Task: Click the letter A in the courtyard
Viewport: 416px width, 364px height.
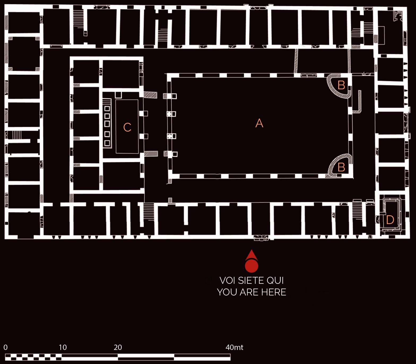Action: coord(259,123)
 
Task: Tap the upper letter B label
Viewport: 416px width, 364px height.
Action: coord(341,85)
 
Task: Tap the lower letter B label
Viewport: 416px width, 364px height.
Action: coord(341,167)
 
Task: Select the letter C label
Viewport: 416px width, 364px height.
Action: coord(127,127)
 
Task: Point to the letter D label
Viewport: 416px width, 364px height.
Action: coord(390,220)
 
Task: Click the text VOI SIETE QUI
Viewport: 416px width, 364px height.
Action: coord(252,281)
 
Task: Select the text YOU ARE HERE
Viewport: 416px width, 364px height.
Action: coord(252,292)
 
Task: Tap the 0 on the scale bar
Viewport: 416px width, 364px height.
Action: coord(6,347)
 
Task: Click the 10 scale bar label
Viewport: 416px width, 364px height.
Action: coord(63,347)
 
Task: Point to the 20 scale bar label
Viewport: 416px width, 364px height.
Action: coord(118,347)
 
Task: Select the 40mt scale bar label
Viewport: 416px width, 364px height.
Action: coord(234,347)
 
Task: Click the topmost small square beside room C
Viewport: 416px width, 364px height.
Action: coord(107,108)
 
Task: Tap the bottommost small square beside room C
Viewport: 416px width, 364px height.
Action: coord(107,143)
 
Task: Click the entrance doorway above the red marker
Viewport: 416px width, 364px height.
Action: coord(261,238)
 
